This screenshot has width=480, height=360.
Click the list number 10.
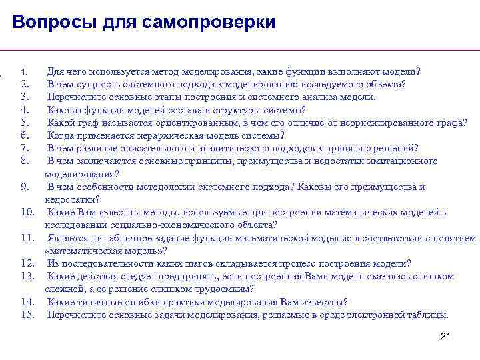[x=27, y=212]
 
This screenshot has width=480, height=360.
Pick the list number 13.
[x=27, y=276]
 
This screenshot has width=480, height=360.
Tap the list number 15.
[x=27, y=315]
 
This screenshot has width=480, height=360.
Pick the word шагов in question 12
[x=178, y=263]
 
